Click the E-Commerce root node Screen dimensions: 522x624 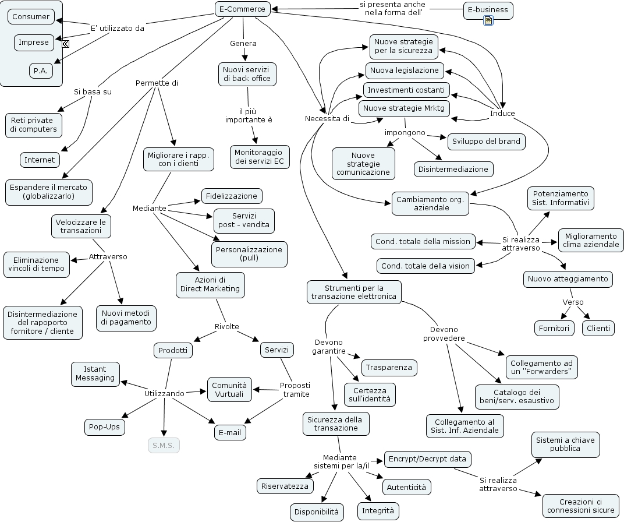[x=242, y=9]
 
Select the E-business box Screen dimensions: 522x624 [x=488, y=9]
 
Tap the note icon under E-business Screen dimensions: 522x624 [x=488, y=21]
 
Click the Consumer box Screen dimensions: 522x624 [x=31, y=16]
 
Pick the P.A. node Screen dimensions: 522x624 [x=41, y=70]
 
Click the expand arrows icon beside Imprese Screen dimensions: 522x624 [x=66, y=44]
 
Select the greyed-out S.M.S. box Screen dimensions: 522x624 [x=164, y=446]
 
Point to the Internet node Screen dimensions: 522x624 [x=40, y=160]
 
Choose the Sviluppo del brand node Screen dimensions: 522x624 [x=486, y=142]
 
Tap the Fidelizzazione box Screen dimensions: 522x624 [x=231, y=196]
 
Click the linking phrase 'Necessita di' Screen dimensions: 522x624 [x=327, y=119]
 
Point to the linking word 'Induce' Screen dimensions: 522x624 [x=502, y=113]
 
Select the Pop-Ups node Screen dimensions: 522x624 [x=105, y=426]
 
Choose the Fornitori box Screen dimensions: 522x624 [x=554, y=328]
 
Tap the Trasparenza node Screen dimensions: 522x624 [x=389, y=367]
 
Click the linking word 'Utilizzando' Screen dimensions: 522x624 [x=164, y=393]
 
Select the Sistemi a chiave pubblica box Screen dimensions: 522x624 [x=565, y=445]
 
